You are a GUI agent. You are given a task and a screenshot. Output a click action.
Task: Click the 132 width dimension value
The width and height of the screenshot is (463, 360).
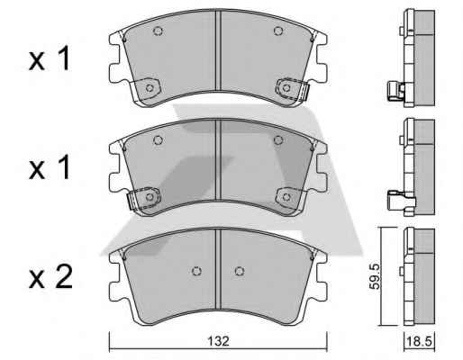point(218,341)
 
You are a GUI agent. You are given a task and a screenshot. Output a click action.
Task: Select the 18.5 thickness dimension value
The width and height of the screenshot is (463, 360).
point(419,341)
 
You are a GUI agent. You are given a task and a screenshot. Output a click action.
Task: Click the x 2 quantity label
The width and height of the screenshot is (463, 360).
point(50,277)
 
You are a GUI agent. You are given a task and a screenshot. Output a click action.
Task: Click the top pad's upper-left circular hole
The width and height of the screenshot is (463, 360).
point(158,31)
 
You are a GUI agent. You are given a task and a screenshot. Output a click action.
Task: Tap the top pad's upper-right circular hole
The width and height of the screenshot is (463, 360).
point(278,31)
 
